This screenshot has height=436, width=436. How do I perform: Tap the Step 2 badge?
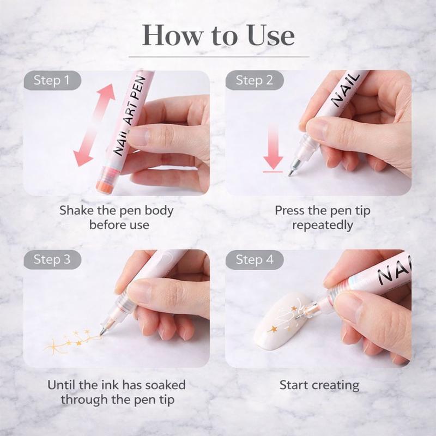pos(254,81)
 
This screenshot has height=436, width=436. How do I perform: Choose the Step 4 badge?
pos(254,259)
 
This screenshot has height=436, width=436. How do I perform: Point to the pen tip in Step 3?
pos(104,331)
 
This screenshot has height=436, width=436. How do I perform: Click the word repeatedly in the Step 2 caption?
pos(322,225)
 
